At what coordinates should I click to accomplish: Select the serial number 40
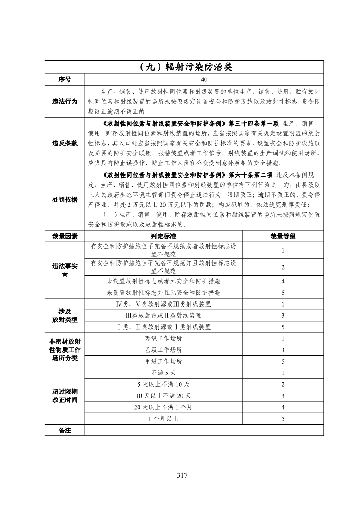click(204, 80)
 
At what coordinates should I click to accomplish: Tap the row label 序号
click(65, 80)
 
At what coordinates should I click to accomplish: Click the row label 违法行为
click(65, 101)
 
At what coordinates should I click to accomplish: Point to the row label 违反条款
click(65, 143)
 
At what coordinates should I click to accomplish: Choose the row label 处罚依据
click(65, 199)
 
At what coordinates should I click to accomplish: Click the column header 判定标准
click(163, 236)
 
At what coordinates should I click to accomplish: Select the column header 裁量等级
click(283, 236)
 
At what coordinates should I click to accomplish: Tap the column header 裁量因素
click(65, 236)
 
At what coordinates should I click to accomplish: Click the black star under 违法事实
click(65, 273)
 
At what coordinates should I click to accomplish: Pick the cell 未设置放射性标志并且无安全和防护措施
click(163, 293)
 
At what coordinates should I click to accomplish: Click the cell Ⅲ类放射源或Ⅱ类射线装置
click(163, 316)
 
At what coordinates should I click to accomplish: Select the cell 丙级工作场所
click(163, 338)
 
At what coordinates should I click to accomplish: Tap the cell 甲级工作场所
click(163, 361)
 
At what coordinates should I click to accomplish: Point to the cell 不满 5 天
click(163, 373)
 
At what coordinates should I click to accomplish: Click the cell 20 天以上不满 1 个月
click(163, 407)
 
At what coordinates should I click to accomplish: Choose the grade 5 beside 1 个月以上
click(283, 419)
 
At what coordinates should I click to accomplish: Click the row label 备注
click(65, 430)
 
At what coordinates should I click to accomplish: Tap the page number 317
click(182, 475)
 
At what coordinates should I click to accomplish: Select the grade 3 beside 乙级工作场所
click(283, 350)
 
